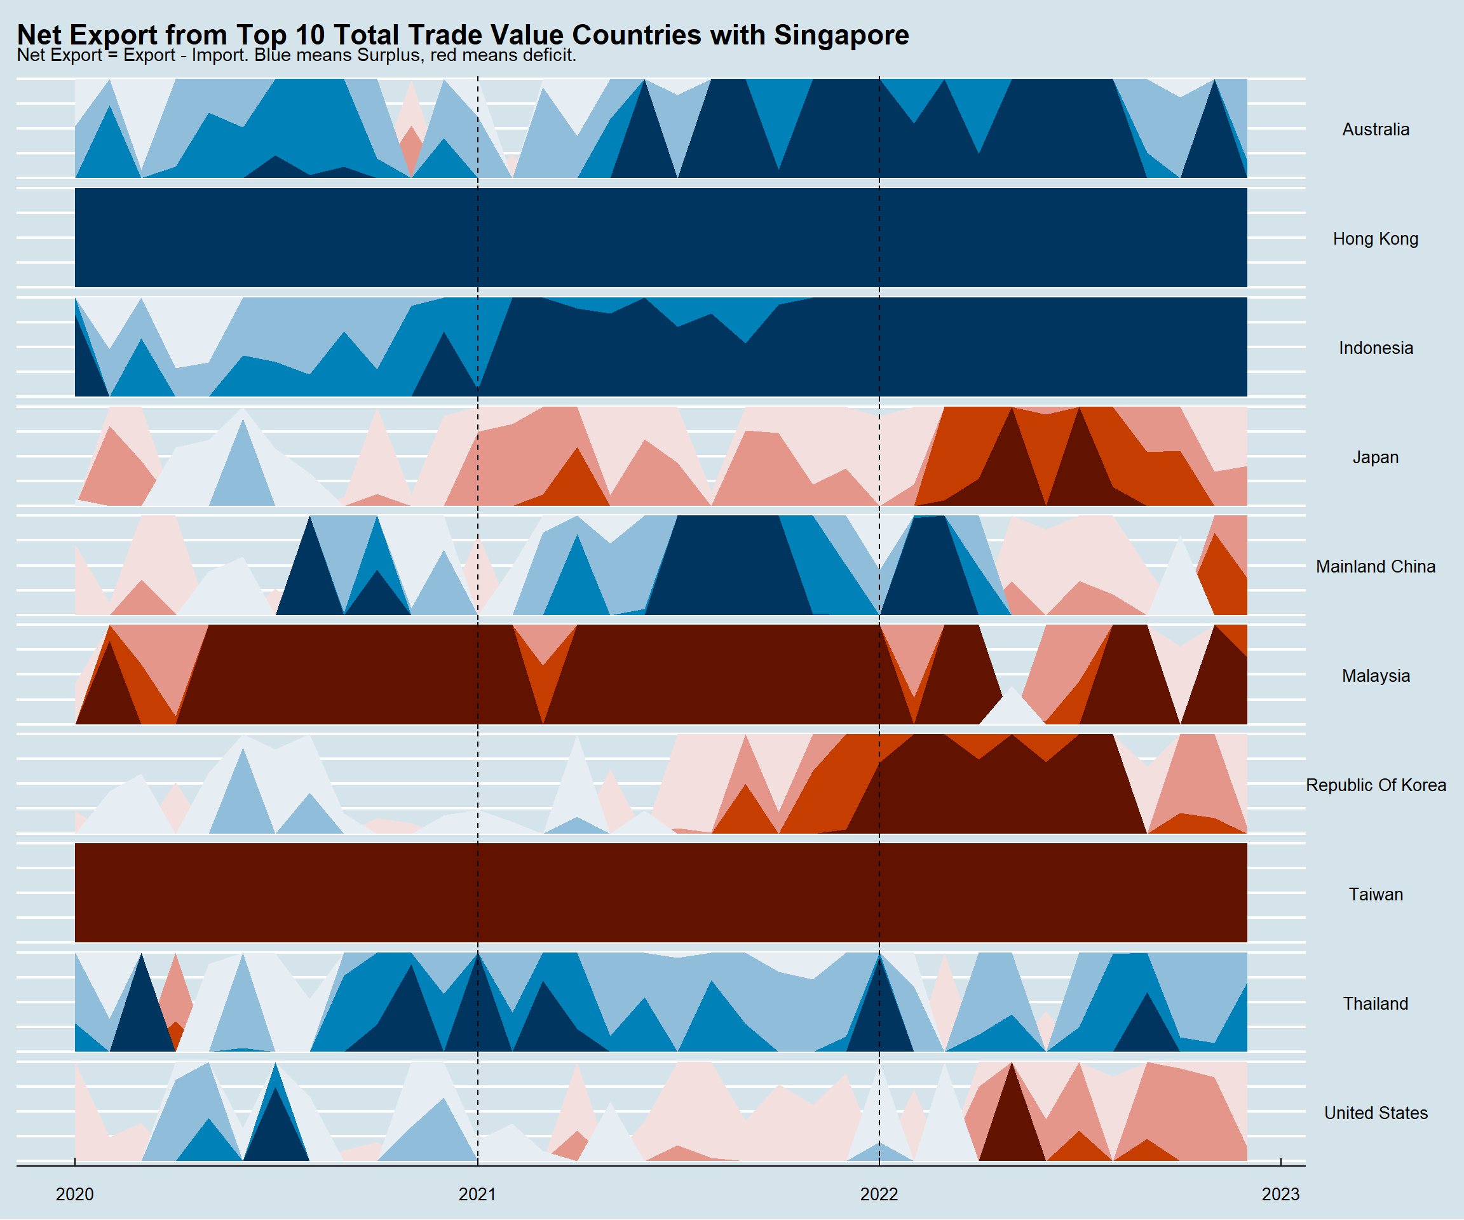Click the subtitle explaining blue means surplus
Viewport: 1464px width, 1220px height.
coord(296,55)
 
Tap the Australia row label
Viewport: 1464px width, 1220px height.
coord(1376,130)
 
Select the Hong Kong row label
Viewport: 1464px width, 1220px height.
coord(1376,239)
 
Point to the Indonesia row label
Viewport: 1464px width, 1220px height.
coord(1376,349)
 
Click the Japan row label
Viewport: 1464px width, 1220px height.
coord(1376,457)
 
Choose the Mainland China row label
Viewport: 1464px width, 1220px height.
coord(1376,567)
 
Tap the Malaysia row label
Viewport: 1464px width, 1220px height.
coord(1376,676)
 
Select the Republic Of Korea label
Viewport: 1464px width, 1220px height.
coord(1376,785)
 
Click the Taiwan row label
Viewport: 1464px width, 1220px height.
coord(1376,895)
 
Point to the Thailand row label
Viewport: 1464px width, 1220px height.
coord(1376,1004)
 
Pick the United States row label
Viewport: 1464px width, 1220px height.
coord(1376,1113)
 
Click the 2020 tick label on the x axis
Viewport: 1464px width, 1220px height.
coord(74,1195)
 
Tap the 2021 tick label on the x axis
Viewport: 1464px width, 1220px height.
coord(478,1195)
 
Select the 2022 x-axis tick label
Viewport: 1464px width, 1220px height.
coord(879,1195)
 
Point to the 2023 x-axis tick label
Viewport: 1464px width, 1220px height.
coord(1280,1195)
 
